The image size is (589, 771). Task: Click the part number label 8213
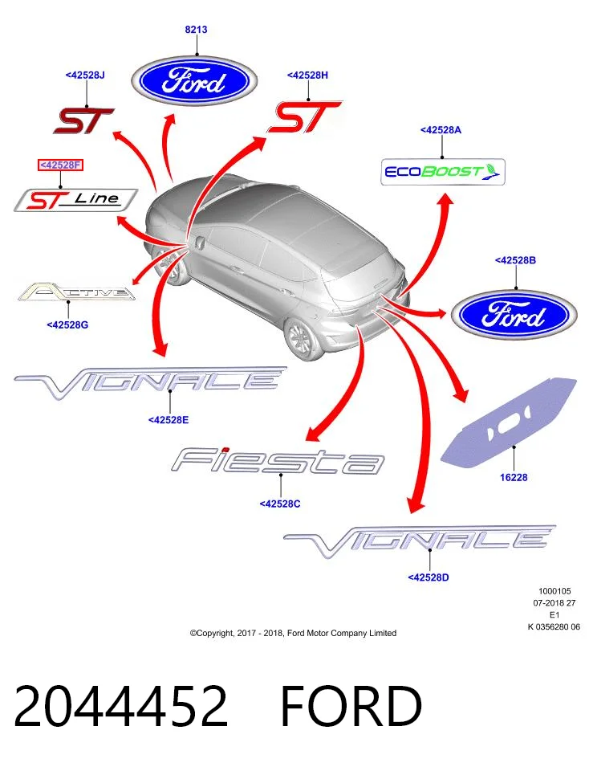pyautogui.click(x=196, y=30)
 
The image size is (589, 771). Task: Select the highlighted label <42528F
pyautogui.click(x=61, y=165)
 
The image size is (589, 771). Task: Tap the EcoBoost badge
pyautogui.click(x=443, y=172)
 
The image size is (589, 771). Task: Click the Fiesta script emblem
pyautogui.click(x=278, y=461)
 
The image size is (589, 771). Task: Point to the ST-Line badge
pyautogui.click(x=75, y=200)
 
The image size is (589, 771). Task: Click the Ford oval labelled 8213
pyautogui.click(x=195, y=81)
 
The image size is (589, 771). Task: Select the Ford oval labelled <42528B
pyautogui.click(x=514, y=315)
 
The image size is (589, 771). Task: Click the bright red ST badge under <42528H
pyautogui.click(x=304, y=117)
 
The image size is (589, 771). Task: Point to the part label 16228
pyautogui.click(x=514, y=477)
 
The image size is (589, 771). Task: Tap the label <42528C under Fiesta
pyautogui.click(x=280, y=504)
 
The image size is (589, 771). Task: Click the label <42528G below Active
pyautogui.click(x=67, y=325)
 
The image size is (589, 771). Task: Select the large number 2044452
pyautogui.click(x=121, y=706)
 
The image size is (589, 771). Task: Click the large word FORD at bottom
pyautogui.click(x=351, y=706)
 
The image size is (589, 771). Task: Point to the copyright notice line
pyautogui.click(x=293, y=634)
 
